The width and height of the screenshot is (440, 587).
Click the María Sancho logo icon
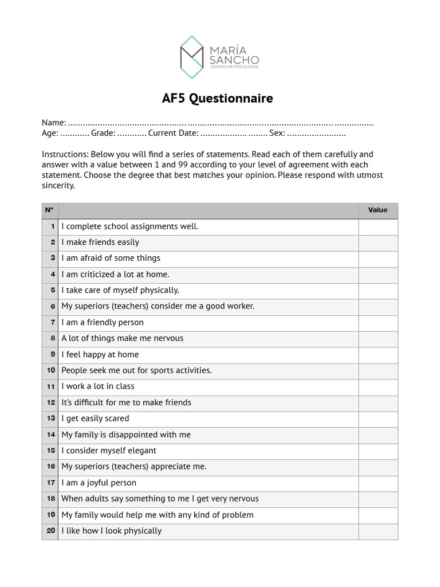tap(192, 57)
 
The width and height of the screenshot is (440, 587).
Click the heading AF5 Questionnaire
tap(217, 99)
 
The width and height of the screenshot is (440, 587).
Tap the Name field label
tap(53, 123)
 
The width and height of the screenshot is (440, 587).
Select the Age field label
tap(50, 133)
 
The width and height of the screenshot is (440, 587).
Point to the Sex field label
tap(277, 133)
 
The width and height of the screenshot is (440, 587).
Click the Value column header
tap(378, 210)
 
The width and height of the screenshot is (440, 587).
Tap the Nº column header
tap(49, 210)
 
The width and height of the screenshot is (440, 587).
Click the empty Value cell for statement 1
tap(378, 226)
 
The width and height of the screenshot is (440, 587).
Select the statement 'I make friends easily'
tap(100, 242)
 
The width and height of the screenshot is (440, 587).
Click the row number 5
tap(52, 290)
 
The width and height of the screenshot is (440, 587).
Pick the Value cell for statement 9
tap(378, 354)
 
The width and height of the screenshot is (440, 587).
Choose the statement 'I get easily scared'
tap(95, 418)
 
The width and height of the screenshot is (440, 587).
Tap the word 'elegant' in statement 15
tap(141, 451)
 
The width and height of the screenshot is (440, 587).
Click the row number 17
tap(51, 483)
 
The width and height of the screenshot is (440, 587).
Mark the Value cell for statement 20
tap(378, 531)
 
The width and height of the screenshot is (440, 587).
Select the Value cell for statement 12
tap(378, 402)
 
